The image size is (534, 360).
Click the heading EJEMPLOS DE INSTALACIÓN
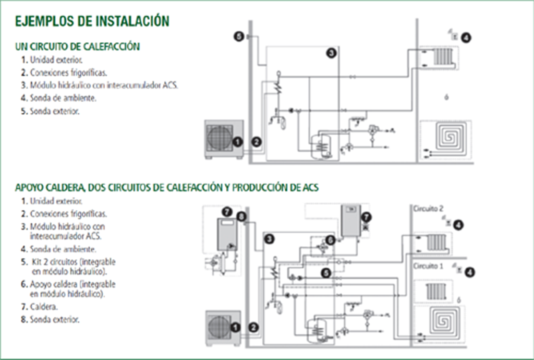[x=92, y=21]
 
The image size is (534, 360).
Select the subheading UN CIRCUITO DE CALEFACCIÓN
[x=78, y=47]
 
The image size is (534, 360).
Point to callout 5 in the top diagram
[x=239, y=37]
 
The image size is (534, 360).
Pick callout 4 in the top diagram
[x=466, y=38]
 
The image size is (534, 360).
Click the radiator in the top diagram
[x=443, y=56]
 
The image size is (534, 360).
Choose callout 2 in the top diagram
[x=256, y=141]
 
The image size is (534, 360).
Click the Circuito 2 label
[x=428, y=209]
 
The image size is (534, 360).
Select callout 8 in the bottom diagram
[x=240, y=216]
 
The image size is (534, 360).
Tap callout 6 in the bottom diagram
[x=330, y=239]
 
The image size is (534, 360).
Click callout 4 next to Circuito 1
[x=469, y=272]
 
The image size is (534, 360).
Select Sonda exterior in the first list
[x=54, y=111]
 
